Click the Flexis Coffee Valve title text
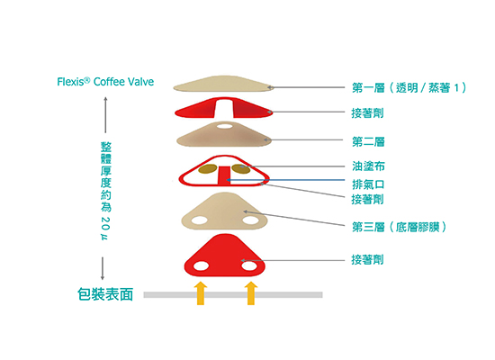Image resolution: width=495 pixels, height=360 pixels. point(105,82)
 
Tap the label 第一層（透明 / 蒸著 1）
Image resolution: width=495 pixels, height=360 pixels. point(409,88)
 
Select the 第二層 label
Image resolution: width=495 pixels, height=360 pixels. point(368,142)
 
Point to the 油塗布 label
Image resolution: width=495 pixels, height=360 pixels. point(368,166)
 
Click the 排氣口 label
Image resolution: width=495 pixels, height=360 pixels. point(368,184)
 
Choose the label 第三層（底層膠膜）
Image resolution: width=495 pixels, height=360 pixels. point(399,227)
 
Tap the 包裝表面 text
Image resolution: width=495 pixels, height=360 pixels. point(105,294)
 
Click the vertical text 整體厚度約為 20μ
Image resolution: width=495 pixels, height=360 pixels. point(106,191)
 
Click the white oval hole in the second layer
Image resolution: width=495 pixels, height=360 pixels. point(224,126)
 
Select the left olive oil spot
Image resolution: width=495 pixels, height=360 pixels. point(207,169)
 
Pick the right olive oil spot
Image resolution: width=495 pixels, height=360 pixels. point(241,169)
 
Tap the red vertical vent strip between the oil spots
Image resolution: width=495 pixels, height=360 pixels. point(224,175)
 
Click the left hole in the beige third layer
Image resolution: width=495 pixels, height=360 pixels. point(200,220)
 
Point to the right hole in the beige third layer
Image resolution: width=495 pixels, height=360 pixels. point(251,220)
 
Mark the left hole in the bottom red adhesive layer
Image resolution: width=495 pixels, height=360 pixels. point(201,265)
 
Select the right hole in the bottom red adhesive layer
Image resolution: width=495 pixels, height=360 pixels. point(249,265)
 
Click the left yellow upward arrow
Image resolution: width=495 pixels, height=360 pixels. point(201,293)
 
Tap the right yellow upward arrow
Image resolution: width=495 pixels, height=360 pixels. point(251,293)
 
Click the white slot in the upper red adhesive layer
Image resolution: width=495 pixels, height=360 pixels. point(224,108)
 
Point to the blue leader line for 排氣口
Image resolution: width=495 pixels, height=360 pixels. point(285,180)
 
